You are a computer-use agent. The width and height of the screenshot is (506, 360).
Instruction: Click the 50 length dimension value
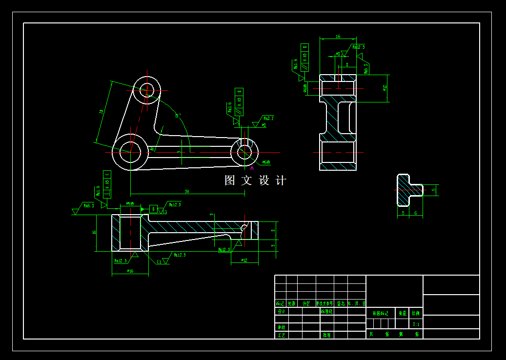pyautogui.click(x=187, y=191)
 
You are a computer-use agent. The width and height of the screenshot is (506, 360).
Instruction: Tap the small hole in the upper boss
pyautogui.click(x=147, y=90)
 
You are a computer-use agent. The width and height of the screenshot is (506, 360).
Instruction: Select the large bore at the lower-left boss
pyautogui.click(x=130, y=152)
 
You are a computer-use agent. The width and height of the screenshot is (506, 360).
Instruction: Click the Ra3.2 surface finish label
pyautogui.click(x=268, y=118)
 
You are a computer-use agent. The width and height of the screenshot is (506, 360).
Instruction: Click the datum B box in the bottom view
pyautogui.click(x=153, y=209)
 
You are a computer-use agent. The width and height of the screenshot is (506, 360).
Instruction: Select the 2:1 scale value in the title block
pyautogui.click(x=416, y=324)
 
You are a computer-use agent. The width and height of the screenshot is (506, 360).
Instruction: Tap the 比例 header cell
pyautogui.click(x=416, y=313)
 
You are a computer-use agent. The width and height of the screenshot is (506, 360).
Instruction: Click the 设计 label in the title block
pyautogui.click(x=281, y=311)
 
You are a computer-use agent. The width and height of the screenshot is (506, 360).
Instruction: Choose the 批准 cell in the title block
pyautogui.click(x=326, y=335)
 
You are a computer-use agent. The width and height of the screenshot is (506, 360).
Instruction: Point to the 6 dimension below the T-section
pyautogui.click(x=415, y=213)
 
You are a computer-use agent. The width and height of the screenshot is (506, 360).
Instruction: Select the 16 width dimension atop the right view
pyautogui.click(x=338, y=37)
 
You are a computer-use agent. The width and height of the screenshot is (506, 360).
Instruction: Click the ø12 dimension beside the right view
pyautogui.click(x=385, y=88)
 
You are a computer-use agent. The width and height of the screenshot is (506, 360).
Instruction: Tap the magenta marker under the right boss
pyautogui.click(x=252, y=167)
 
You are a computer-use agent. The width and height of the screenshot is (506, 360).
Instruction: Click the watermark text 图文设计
pyautogui.click(x=255, y=180)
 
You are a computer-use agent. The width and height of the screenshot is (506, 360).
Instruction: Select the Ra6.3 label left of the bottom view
pyautogui.click(x=89, y=206)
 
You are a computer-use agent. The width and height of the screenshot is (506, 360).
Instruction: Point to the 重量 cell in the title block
pyautogui.click(x=402, y=313)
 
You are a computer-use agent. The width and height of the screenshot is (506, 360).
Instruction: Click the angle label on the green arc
pyautogui.click(x=178, y=116)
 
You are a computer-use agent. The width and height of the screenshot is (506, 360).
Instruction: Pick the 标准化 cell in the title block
pyautogui.click(x=326, y=311)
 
